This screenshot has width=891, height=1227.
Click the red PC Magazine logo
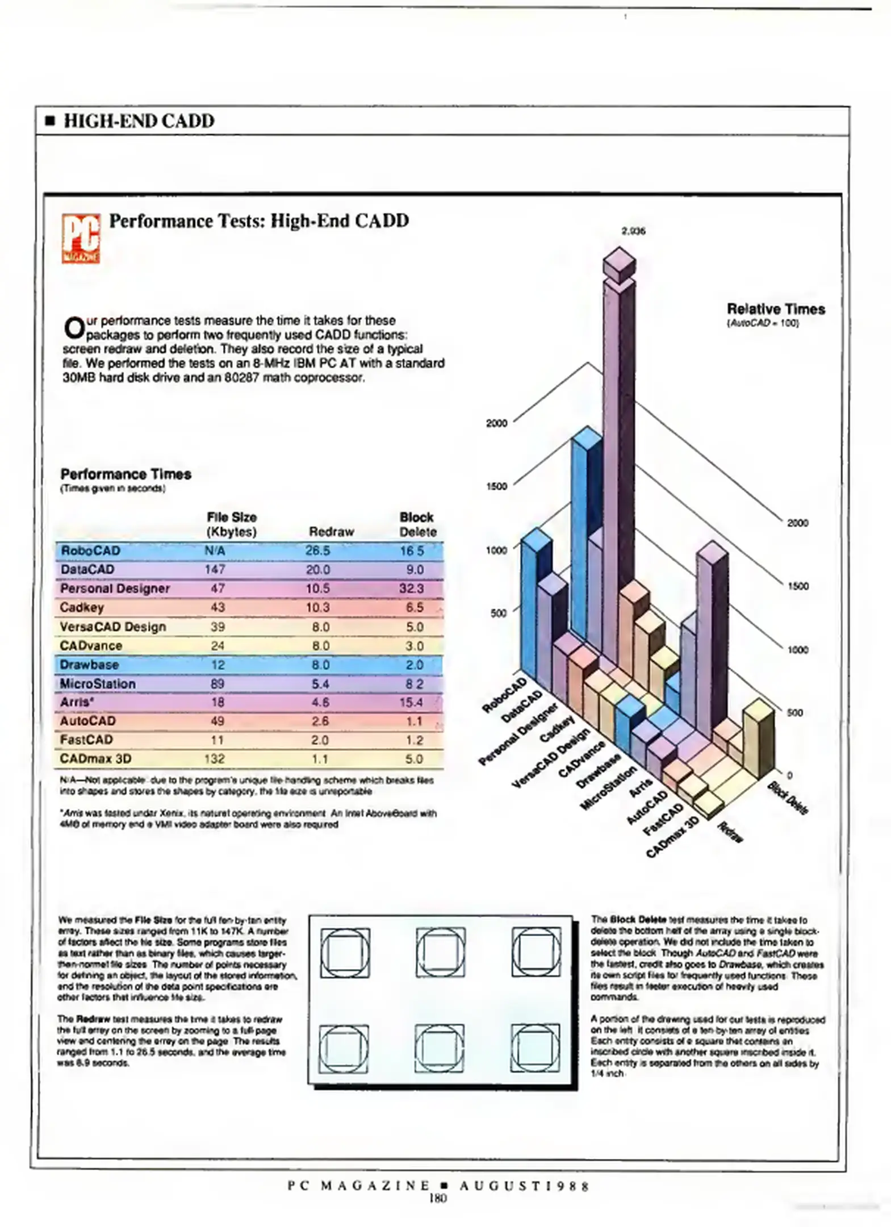point(81,238)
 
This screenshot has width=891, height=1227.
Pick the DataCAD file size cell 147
point(215,569)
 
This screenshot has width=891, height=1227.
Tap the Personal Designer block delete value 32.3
point(411,589)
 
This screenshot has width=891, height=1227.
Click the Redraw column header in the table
point(331,532)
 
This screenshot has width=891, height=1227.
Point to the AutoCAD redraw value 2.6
point(320,721)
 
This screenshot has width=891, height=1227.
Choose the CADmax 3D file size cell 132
point(215,759)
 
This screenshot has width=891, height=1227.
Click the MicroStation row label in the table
point(98,683)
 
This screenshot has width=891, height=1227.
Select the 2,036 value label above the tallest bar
point(633,231)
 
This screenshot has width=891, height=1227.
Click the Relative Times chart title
point(776,310)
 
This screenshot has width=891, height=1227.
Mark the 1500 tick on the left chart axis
point(496,486)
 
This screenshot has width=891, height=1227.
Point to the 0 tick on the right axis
point(789,775)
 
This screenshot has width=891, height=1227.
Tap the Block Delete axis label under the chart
point(788,798)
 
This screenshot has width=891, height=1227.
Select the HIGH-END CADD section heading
point(139,121)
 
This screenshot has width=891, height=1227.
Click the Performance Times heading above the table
point(126,474)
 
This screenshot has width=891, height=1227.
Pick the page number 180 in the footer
point(438,1199)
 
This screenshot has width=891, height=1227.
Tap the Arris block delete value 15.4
point(411,702)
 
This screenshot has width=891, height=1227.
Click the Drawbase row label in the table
point(89,664)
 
